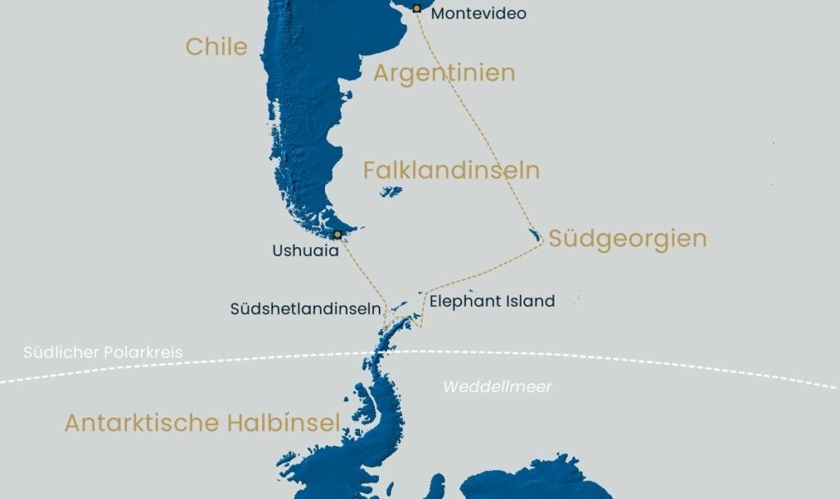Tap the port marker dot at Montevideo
(417, 8)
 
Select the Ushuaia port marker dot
(337, 235)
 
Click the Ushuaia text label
(305, 251)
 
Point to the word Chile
(217, 47)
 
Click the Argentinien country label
(444, 73)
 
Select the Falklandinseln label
(451, 171)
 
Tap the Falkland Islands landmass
(391, 192)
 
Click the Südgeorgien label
(628, 239)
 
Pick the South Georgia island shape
(536, 236)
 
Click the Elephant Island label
(492, 301)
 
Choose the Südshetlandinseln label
(305, 309)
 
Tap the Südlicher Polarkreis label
(103, 352)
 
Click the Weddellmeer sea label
(498, 387)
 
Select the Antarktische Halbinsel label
(202, 423)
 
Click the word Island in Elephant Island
(529, 301)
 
